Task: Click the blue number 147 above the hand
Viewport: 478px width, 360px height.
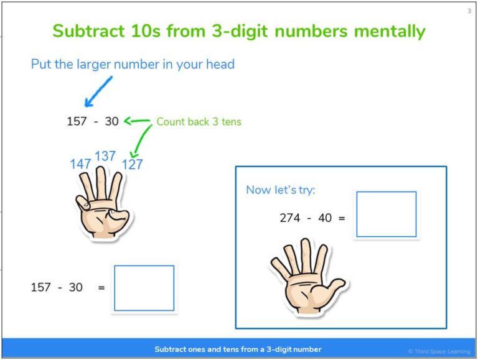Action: click(81, 164)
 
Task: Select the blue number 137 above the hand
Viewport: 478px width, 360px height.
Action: click(105, 155)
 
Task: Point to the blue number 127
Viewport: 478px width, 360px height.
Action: click(132, 165)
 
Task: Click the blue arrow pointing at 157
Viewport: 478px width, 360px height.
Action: click(98, 92)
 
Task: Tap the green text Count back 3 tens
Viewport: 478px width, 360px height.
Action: click(199, 122)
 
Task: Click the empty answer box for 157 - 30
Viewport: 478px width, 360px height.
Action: click(144, 288)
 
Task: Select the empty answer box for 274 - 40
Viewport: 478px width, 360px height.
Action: click(386, 215)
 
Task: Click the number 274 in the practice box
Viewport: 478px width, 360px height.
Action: click(290, 218)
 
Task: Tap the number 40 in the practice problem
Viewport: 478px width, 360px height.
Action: click(325, 218)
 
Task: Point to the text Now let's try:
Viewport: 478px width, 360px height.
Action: click(281, 190)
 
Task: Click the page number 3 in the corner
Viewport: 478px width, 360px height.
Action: click(469, 11)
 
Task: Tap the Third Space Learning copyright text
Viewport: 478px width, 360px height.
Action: click(439, 351)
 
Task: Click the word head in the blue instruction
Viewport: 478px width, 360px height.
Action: click(220, 64)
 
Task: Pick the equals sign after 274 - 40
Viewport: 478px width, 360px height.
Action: click(342, 219)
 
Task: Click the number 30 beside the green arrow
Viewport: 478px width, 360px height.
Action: click(111, 122)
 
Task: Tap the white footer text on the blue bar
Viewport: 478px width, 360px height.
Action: click(238, 349)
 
